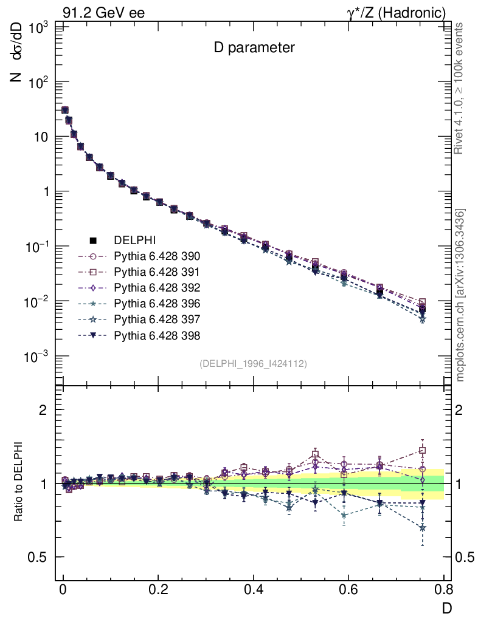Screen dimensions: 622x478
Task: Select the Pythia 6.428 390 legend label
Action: [x=157, y=256]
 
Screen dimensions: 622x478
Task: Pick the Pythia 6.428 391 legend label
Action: [x=157, y=272]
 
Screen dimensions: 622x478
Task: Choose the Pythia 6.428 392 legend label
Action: [x=157, y=288]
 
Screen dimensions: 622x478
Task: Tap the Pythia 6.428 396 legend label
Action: [x=157, y=304]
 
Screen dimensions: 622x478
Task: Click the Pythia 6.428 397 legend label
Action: [x=157, y=320]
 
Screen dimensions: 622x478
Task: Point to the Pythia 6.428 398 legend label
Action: [x=157, y=335]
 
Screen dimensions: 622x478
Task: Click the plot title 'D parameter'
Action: [x=254, y=48]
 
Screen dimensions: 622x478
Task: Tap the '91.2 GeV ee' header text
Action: [x=103, y=13]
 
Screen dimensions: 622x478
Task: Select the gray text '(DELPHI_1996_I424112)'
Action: [x=253, y=364]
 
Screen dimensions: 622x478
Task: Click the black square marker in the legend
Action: [x=94, y=241]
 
